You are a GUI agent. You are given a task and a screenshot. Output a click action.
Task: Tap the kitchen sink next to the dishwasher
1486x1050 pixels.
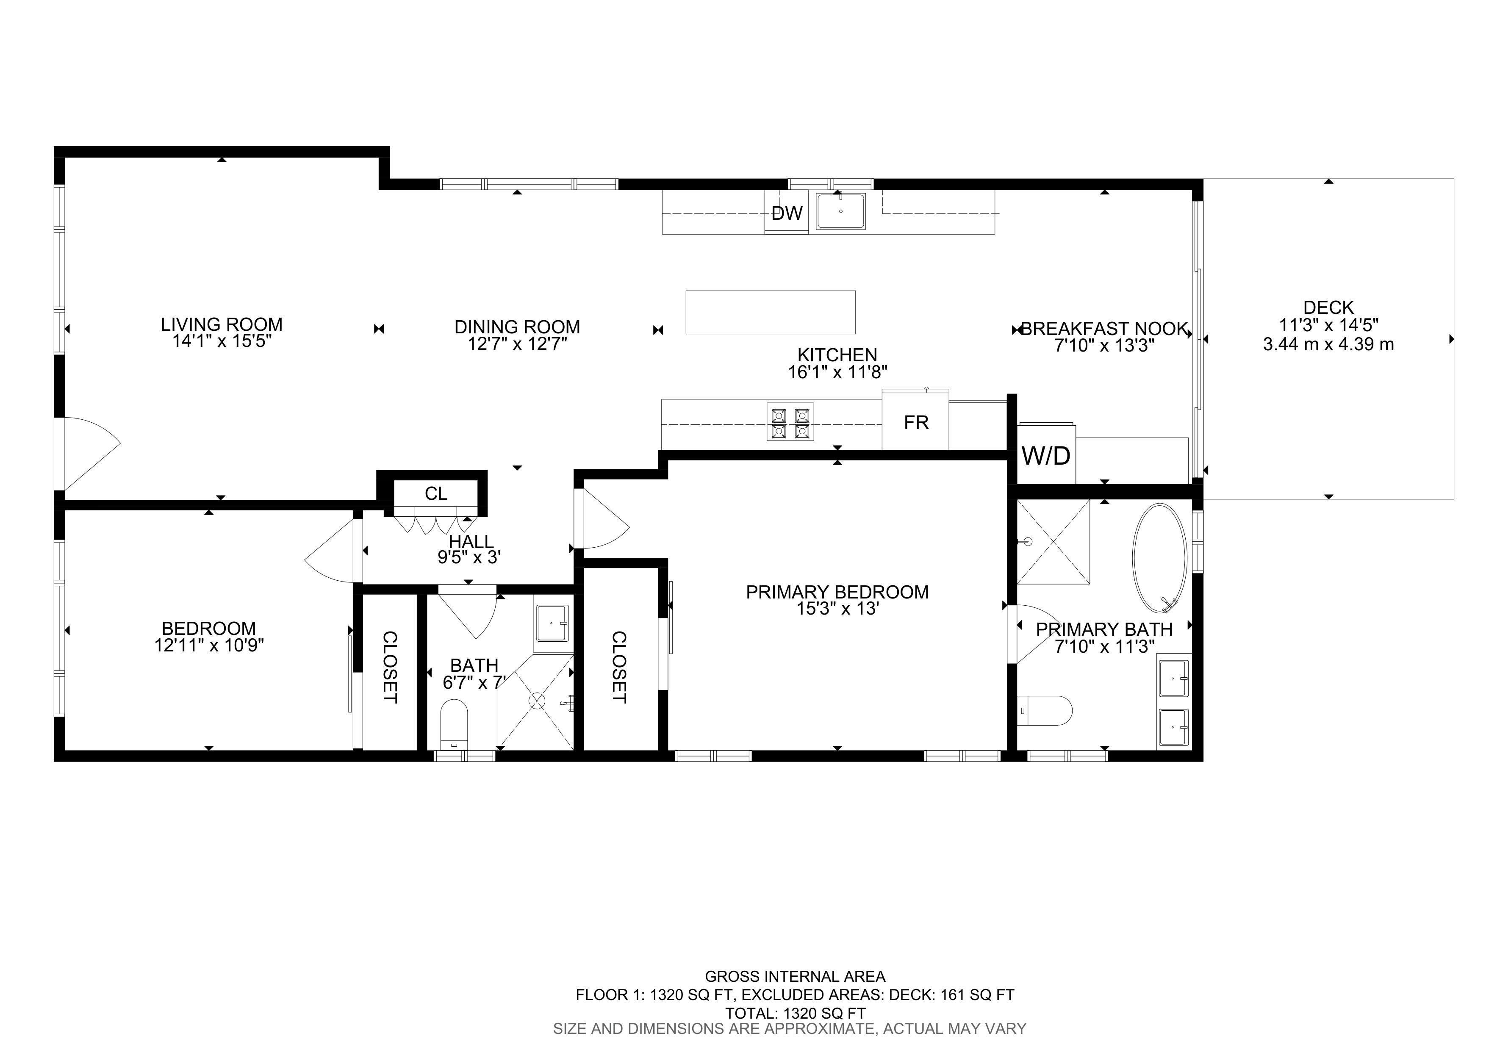pyautogui.click(x=840, y=211)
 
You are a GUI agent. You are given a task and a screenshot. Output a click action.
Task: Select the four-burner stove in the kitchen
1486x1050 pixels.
pyautogui.click(x=790, y=422)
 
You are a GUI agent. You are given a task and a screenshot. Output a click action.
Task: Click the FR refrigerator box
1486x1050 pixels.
pyautogui.click(x=916, y=422)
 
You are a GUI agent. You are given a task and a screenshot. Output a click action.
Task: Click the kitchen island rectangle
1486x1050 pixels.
pyautogui.click(x=770, y=313)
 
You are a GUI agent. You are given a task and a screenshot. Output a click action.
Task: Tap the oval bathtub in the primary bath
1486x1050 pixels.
pyautogui.click(x=1159, y=558)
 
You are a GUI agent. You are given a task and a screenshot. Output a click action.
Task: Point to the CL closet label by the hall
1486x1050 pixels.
pyautogui.click(x=435, y=493)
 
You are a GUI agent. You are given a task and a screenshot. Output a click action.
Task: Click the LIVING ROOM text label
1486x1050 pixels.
pyautogui.click(x=222, y=324)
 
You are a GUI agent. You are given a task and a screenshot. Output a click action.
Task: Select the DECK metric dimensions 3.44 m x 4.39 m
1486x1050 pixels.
pyautogui.click(x=1328, y=344)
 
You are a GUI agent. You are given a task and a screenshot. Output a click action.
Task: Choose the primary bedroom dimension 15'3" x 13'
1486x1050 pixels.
pyautogui.click(x=837, y=609)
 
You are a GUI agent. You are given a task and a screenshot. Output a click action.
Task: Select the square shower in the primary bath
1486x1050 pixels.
pyautogui.click(x=1053, y=541)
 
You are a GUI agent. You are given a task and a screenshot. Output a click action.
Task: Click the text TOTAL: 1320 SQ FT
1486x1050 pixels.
pyautogui.click(x=795, y=1013)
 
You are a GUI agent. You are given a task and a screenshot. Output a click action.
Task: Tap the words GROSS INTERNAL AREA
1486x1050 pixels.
pyautogui.click(x=795, y=976)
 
